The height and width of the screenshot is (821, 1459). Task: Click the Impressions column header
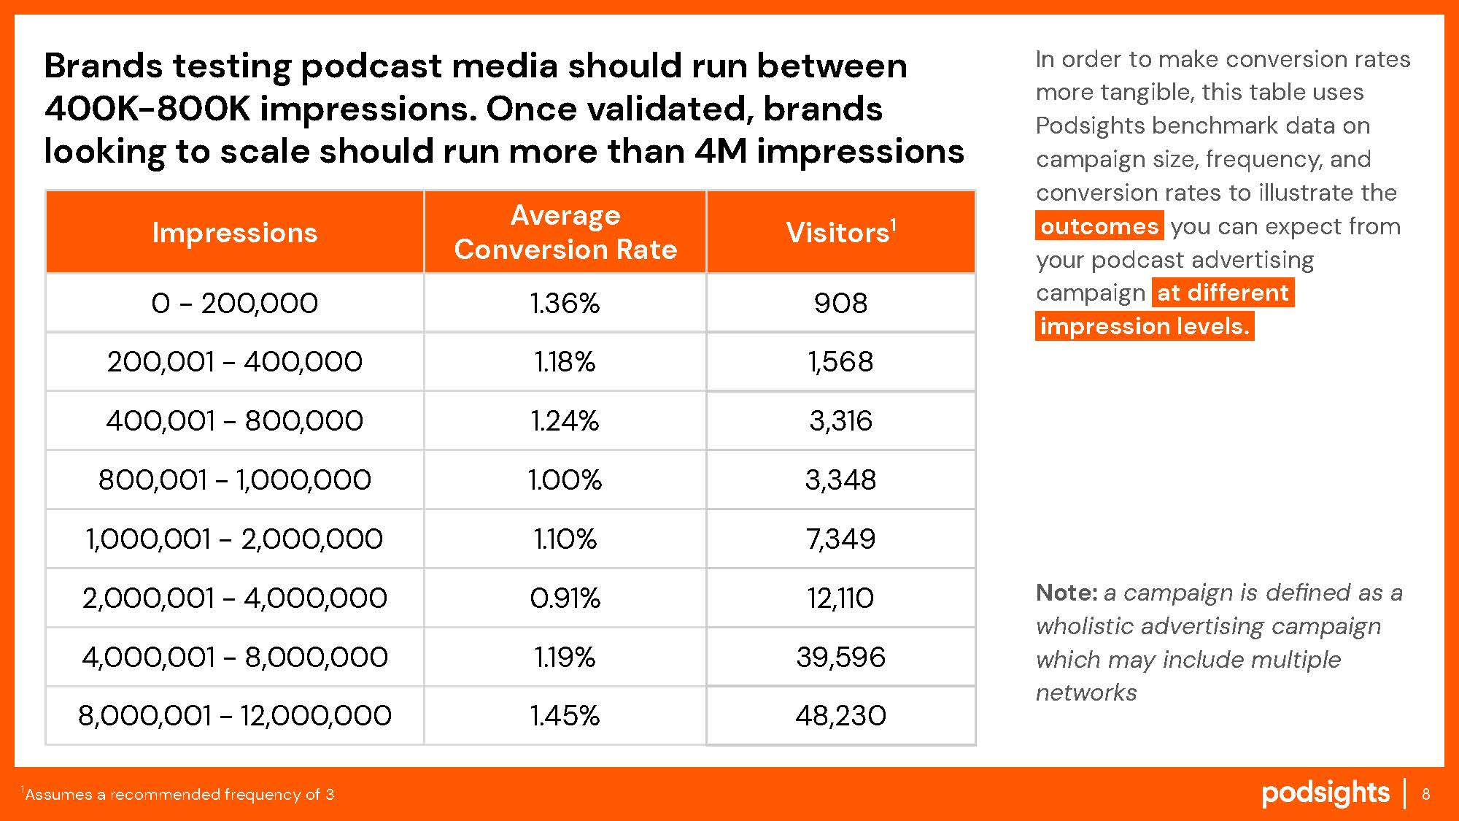(x=235, y=232)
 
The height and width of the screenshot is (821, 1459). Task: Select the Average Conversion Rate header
(x=565, y=232)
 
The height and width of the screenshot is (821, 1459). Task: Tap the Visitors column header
(x=840, y=232)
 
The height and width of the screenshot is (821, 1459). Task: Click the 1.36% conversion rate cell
(x=565, y=303)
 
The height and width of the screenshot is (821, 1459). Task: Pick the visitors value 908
(x=840, y=303)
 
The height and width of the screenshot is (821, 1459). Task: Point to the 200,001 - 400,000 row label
(x=235, y=362)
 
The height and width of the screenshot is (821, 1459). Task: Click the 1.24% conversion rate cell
(x=565, y=421)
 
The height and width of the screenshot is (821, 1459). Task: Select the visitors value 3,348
(x=840, y=480)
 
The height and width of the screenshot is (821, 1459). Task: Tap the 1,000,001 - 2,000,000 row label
(x=235, y=539)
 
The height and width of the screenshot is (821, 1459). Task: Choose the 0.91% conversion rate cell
(x=565, y=598)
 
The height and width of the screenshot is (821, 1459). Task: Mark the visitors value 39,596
(x=840, y=658)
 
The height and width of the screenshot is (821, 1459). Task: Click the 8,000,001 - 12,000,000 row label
(x=235, y=716)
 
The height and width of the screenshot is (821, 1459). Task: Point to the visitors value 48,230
(x=840, y=716)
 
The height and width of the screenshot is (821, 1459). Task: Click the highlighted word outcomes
(x=1099, y=226)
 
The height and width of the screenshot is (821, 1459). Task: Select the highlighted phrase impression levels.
(x=1145, y=326)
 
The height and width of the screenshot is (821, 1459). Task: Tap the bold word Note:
(x=1067, y=593)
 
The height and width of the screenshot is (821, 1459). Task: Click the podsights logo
(x=1326, y=794)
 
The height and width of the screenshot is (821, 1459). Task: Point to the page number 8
(x=1426, y=794)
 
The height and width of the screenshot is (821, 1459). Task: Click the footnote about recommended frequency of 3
(x=178, y=794)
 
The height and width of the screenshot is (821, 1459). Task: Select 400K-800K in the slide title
(x=146, y=109)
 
